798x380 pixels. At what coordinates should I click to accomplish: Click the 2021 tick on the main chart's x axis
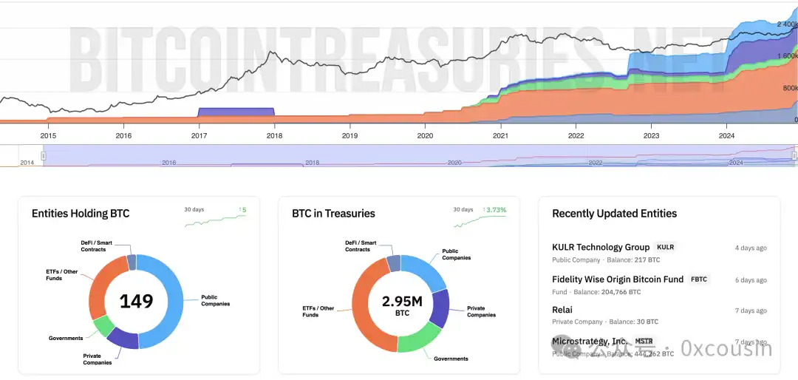[500, 136]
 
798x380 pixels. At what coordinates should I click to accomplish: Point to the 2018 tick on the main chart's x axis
[274, 136]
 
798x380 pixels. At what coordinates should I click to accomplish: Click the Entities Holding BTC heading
[81, 214]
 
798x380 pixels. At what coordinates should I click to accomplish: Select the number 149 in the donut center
[137, 301]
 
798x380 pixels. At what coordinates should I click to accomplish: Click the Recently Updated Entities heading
[614, 214]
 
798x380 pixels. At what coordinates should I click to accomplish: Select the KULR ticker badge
[665, 248]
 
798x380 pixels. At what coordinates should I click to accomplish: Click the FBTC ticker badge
[698, 279]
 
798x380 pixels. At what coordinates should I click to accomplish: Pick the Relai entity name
[562, 310]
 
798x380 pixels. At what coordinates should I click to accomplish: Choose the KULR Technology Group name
[601, 248]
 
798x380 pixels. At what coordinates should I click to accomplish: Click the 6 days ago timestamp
[751, 280]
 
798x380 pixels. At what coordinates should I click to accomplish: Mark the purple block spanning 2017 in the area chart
[236, 112]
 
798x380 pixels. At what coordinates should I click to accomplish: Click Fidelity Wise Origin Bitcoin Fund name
[618, 279]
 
